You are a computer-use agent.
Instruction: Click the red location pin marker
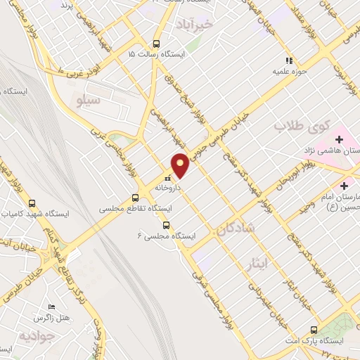pos(181,165)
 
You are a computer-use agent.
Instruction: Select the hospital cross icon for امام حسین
pos(344,186)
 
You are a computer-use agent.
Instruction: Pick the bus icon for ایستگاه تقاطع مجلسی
pos(135,198)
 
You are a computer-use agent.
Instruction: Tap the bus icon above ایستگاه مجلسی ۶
pos(166,225)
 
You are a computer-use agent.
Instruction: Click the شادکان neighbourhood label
pos(235,229)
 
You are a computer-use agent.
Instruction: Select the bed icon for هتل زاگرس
pos(51,307)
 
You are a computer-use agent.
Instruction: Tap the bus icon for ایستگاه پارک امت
pos(313,329)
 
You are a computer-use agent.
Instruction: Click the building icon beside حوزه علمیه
pos(288,60)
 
